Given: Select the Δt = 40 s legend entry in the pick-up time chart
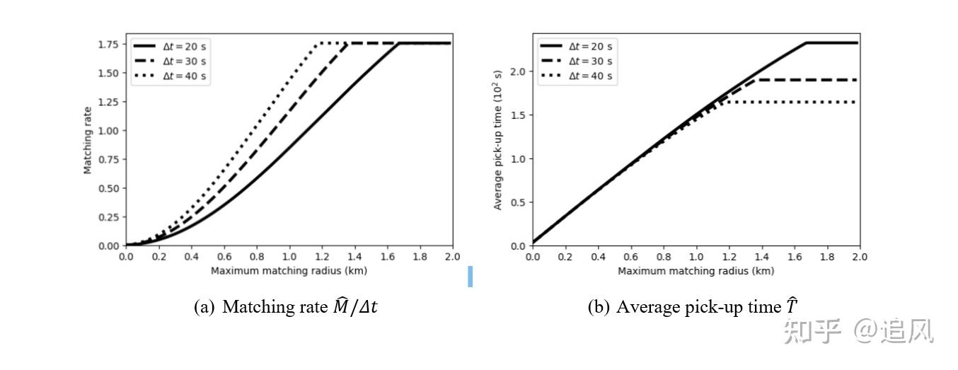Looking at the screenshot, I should [x=591, y=76].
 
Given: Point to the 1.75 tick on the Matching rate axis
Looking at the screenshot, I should [x=108, y=44].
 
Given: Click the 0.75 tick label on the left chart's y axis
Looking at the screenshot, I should [x=108, y=159].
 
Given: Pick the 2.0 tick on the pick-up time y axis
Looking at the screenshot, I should [x=519, y=71].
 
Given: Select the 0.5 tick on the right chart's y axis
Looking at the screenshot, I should [x=519, y=202].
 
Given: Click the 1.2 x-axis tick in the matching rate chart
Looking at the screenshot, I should [x=322, y=256].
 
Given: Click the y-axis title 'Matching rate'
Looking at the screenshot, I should [x=88, y=140].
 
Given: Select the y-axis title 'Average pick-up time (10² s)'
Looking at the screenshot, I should [x=497, y=140].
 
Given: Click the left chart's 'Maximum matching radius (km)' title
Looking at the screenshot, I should [x=289, y=270].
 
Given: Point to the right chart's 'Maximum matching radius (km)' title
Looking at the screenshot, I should [x=696, y=270].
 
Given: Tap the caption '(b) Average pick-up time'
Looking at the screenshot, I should [x=693, y=307].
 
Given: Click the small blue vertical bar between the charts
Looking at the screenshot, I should [x=470, y=276].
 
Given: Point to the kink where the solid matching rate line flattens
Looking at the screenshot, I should [x=399, y=43].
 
